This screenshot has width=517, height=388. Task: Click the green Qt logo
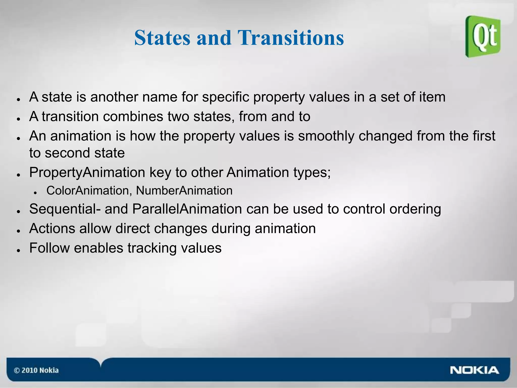[x=483, y=37]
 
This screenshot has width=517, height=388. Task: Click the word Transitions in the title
[x=291, y=38]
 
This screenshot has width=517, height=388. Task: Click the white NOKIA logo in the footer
[x=474, y=370]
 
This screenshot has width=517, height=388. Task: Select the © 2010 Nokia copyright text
[x=36, y=370]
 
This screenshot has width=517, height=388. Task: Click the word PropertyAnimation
[x=87, y=173]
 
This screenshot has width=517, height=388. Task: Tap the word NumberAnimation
[x=184, y=191]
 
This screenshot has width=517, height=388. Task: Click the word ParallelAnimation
[x=187, y=209]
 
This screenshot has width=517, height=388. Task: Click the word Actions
[x=52, y=228]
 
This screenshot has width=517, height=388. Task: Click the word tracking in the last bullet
[x=152, y=248]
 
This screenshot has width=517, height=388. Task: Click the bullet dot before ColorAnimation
[x=35, y=193]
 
